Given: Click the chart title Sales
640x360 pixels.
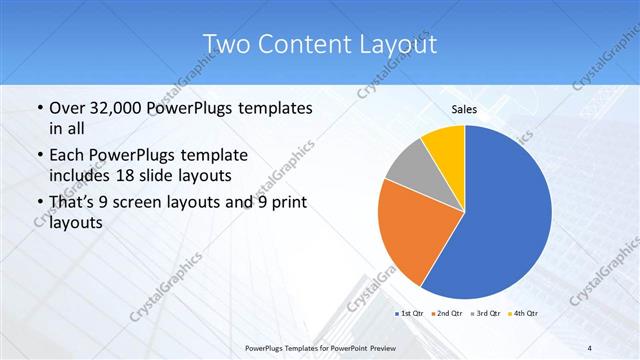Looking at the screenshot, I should point(464,109).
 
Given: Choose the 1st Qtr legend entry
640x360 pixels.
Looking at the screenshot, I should point(411,314).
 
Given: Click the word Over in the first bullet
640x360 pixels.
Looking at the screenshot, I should point(66,107).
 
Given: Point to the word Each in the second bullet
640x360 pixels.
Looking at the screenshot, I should point(67,156).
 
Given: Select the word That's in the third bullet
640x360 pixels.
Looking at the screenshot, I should point(75,204).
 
